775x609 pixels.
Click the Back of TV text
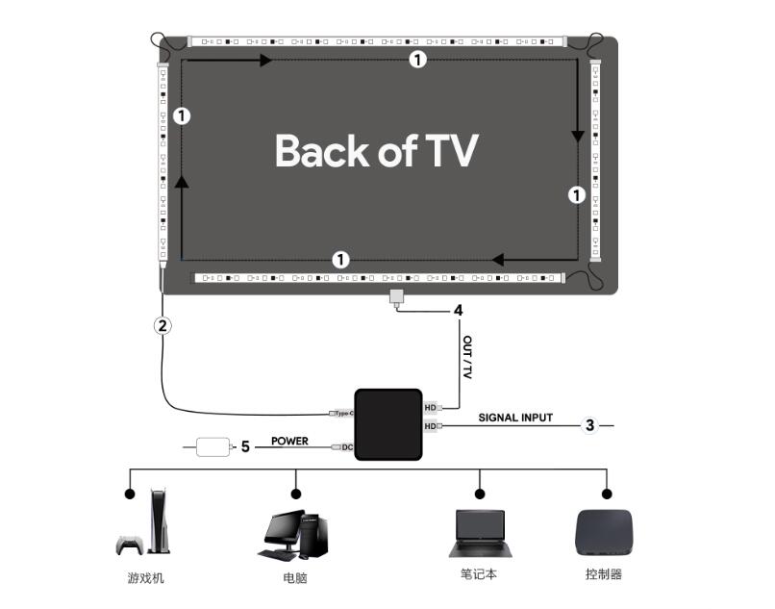point(376,151)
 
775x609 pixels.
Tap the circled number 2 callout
point(163,325)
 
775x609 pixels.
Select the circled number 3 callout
point(590,424)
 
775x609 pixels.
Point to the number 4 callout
point(459,311)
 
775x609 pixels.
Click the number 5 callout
point(245,446)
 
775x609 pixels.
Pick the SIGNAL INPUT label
point(515,418)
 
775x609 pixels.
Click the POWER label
point(289,441)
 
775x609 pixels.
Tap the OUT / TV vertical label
point(467,357)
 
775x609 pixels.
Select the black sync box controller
point(388,424)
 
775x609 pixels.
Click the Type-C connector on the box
point(341,413)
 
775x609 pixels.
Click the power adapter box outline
point(212,446)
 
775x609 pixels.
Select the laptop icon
point(479,533)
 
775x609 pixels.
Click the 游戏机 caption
point(145,577)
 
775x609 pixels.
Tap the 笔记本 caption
point(479,574)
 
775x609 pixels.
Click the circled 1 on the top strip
point(416,60)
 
